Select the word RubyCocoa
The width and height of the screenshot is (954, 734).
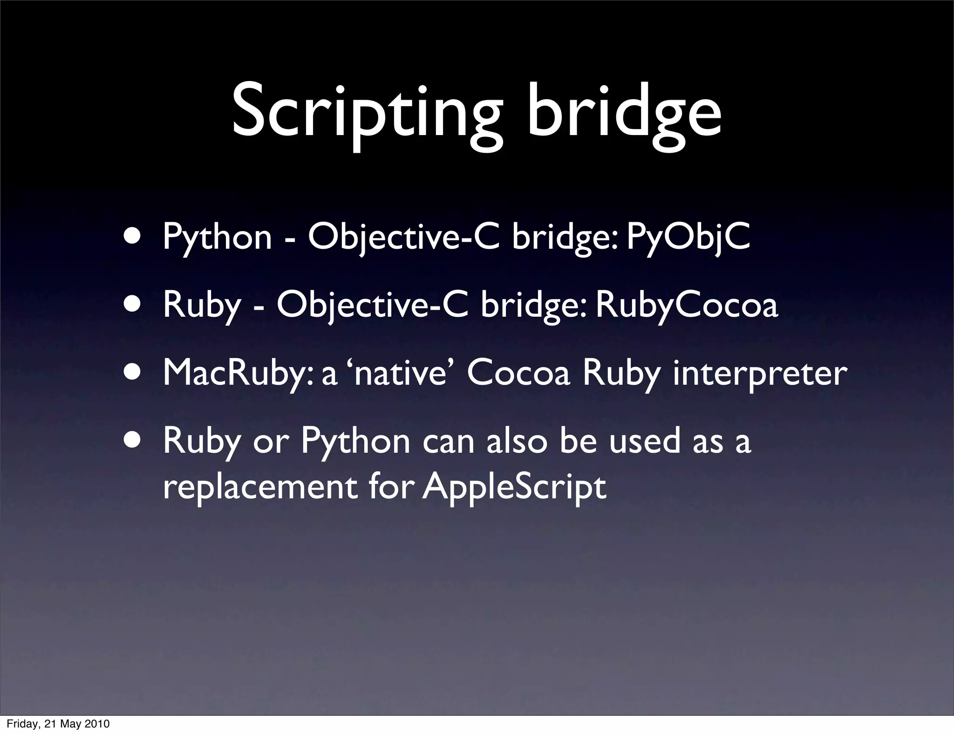(x=687, y=306)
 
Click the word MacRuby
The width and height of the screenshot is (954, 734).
(x=238, y=374)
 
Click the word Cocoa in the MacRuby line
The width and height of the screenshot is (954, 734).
(x=518, y=374)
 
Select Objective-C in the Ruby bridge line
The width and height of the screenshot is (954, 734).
(x=372, y=306)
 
